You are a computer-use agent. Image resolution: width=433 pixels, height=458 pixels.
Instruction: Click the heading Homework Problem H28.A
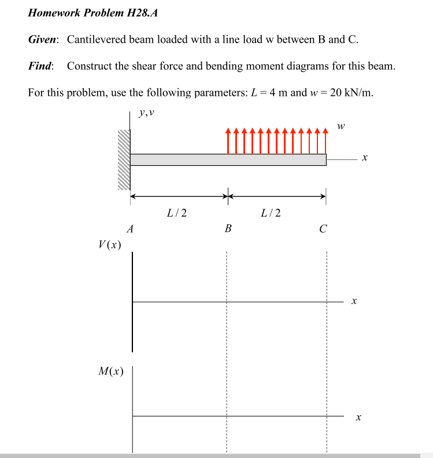point(92,13)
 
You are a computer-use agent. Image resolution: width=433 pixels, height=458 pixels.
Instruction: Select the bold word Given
point(43,39)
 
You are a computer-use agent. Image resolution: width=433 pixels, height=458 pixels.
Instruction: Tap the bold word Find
point(41,66)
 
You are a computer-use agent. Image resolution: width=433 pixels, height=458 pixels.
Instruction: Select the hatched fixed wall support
point(123,159)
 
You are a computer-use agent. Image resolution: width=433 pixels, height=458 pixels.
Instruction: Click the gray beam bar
point(228,159)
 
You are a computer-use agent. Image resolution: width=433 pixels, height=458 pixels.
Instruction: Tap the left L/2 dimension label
point(176,213)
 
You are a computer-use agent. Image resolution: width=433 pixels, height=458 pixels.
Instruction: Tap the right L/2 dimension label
point(271,213)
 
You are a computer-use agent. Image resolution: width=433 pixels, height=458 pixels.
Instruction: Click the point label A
point(130,229)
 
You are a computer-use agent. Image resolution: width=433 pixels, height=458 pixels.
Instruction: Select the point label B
point(228,229)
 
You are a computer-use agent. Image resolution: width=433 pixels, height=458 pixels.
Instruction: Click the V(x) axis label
point(110,245)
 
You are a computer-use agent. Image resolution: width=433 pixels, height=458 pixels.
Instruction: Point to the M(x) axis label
point(111,371)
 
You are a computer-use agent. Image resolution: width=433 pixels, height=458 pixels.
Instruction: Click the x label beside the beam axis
point(364,158)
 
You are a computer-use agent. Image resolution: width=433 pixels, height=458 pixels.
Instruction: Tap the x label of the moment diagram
point(358,416)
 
